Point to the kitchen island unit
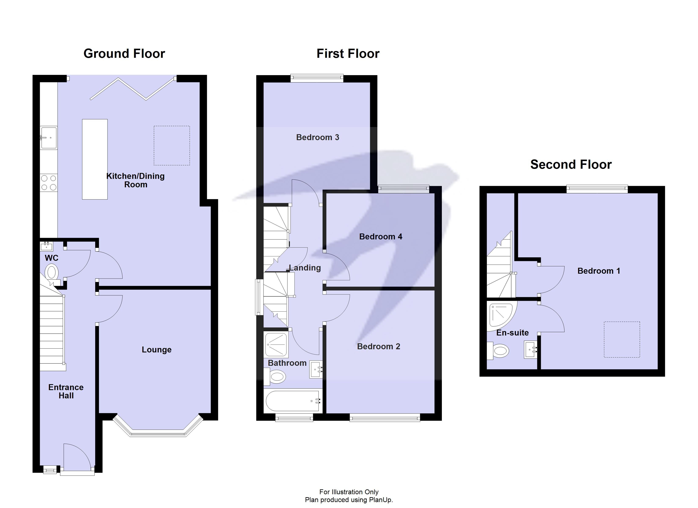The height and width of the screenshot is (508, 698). point(95,159)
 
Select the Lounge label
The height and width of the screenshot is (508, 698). point(156,350)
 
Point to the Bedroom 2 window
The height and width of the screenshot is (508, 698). point(385,418)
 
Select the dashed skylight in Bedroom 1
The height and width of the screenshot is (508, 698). point(622,340)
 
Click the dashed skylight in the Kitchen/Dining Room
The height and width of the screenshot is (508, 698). point(172,145)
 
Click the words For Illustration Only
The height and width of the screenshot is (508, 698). point(349,492)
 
